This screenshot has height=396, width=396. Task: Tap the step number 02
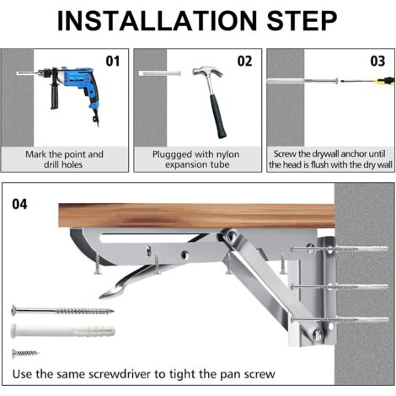[244, 61]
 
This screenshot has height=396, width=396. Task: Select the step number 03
[377, 61]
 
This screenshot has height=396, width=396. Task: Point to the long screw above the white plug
[63, 311]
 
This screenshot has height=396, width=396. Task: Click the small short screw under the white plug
[26, 353]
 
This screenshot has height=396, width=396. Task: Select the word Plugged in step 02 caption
[173, 154]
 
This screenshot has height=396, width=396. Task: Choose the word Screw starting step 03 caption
[287, 154]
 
